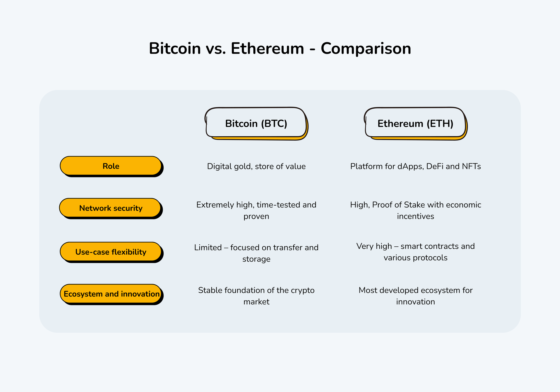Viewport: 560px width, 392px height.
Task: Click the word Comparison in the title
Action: pos(366,49)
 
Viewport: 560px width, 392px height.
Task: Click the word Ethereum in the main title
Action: pos(267,49)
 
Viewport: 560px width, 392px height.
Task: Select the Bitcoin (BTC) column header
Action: pos(256,123)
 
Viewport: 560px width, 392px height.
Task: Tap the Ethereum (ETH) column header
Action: pos(415,123)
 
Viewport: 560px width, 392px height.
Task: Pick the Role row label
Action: pos(111,166)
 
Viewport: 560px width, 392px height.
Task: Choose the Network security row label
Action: pos(111,208)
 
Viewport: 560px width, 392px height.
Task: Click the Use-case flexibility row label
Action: pos(111,252)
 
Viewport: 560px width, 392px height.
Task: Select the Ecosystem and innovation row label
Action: pos(111,294)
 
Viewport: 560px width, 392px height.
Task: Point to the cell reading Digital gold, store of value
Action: pos(256,166)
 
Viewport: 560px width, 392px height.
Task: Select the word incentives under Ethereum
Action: pos(416,216)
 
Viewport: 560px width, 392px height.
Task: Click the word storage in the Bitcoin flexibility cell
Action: pos(256,259)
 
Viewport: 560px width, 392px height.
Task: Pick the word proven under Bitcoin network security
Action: pos(256,216)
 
